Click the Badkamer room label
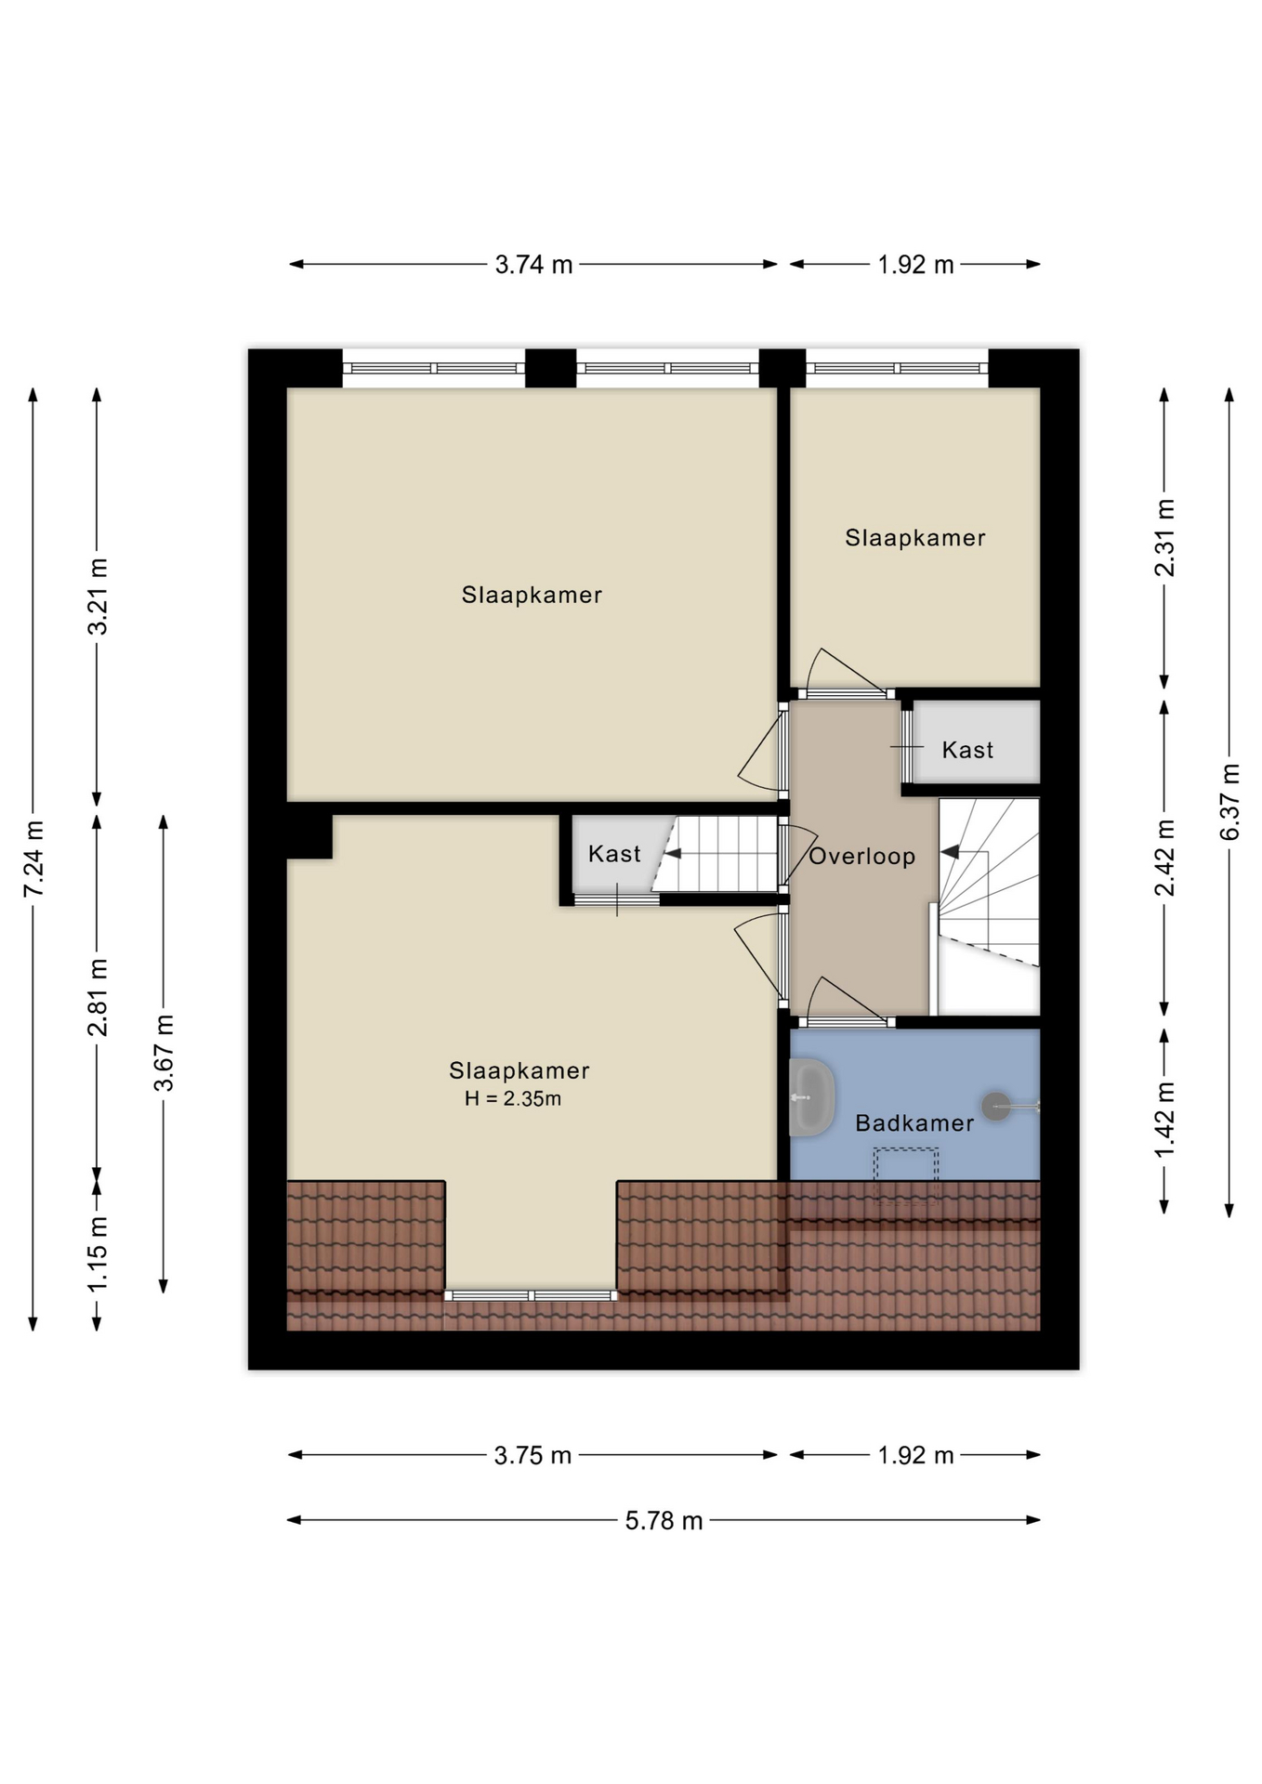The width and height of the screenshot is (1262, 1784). point(914,1122)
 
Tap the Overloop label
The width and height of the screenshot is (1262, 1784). point(861,856)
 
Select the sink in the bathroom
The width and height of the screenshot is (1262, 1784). point(811,1097)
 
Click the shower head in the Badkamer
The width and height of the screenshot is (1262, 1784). point(996,1106)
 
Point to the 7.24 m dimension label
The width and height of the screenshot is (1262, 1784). point(34,859)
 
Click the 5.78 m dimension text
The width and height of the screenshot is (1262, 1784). point(664,1520)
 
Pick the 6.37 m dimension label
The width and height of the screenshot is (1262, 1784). point(1229,802)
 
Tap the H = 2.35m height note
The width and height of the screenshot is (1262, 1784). point(513,1099)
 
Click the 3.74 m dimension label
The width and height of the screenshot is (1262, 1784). point(533,265)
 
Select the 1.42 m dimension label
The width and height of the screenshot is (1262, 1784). point(1164,1120)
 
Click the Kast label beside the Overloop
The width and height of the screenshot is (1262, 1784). point(967,750)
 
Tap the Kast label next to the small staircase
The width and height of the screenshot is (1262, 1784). point(614,854)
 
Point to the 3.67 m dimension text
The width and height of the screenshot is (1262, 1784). point(164,1053)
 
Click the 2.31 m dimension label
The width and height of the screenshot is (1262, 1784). point(1164,537)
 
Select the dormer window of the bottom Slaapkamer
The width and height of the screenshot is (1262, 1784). point(530,1295)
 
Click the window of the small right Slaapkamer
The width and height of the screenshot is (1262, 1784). point(896,368)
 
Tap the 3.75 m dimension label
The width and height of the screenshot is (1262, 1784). point(532,1455)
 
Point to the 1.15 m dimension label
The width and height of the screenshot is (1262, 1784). point(98,1253)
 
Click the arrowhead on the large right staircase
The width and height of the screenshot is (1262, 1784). point(949,851)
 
